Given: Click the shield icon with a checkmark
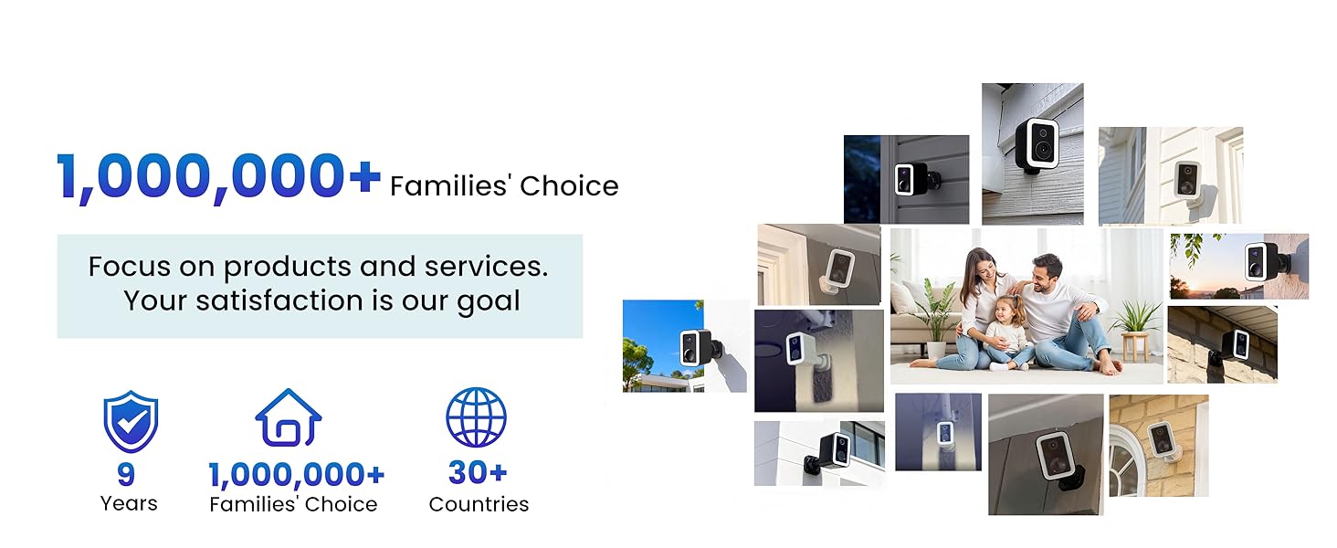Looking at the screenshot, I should [130, 421].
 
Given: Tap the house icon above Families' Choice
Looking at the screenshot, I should [288, 418].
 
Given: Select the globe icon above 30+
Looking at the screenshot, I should [476, 417].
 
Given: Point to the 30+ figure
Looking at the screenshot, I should [478, 473].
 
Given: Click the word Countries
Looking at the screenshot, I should [479, 504].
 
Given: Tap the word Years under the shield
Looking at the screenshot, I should [129, 503].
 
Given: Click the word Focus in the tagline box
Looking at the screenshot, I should [129, 267].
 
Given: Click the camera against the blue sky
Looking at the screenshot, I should [691, 346].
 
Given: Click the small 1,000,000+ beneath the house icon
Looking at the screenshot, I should [297, 475].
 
